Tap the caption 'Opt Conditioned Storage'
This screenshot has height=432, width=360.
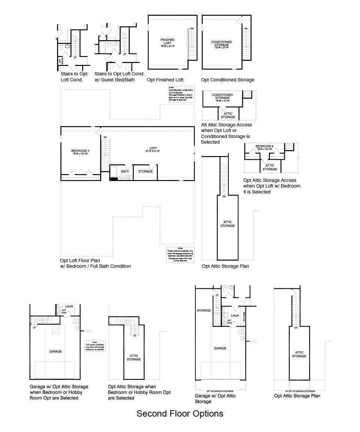(x=227, y=80)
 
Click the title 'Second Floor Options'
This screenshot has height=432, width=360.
(x=180, y=414)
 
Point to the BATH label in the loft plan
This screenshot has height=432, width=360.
(x=125, y=171)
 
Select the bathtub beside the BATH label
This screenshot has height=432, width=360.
(x=114, y=173)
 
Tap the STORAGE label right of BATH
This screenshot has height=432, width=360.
(x=145, y=171)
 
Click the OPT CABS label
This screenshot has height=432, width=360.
(x=244, y=317)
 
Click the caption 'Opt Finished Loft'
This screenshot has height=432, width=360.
(x=165, y=80)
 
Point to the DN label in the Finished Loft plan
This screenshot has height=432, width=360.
(x=192, y=28)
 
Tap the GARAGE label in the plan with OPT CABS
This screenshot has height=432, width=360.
(x=220, y=348)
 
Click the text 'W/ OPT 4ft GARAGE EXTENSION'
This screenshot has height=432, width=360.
(x=299, y=391)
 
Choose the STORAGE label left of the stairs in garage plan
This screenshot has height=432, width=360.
(x=204, y=310)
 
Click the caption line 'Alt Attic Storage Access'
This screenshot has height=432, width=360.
(x=226, y=125)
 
